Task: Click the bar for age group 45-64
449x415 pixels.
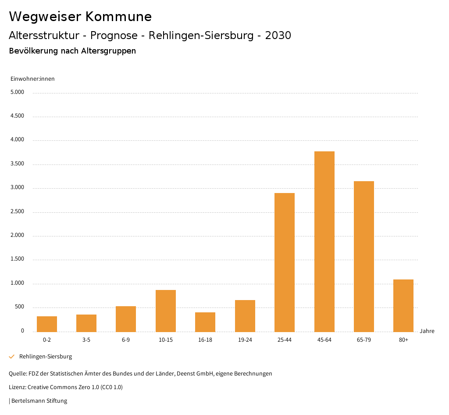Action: pos(324,241)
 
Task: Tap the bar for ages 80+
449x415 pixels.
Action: pos(403,305)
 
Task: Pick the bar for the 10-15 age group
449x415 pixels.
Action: pos(166,311)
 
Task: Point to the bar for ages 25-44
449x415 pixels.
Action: pos(285,262)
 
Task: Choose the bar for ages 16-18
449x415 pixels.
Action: pos(205,322)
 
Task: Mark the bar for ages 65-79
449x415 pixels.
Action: pos(364,256)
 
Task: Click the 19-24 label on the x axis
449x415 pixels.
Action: pos(245,340)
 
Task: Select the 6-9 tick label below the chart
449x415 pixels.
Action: pos(126,340)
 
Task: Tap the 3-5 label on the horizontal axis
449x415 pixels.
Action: pos(86,340)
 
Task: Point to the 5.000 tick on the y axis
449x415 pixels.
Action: pos(17,93)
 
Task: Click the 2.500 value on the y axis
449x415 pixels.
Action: pos(17,212)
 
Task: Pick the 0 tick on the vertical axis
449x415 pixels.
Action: pos(22,331)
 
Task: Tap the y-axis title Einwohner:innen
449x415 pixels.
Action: pos(32,79)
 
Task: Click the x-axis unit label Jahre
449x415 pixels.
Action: pos(427,331)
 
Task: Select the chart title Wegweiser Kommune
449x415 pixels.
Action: pos(80,17)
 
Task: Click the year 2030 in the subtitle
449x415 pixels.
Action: pos(278,36)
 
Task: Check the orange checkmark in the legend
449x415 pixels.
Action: pos(12,357)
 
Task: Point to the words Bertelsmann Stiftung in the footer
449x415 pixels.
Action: pos(39,401)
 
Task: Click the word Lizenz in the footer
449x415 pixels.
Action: pos(17,387)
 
